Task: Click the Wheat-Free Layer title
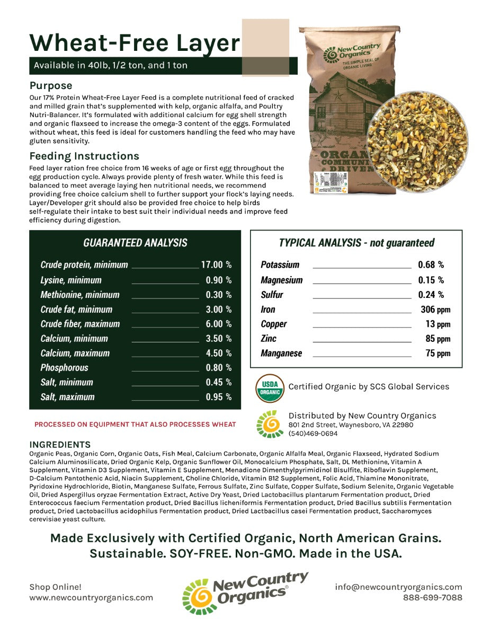tap(135, 42)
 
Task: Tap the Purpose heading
tap(51, 85)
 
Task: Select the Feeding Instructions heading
tap(84, 156)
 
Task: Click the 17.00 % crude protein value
tap(216, 264)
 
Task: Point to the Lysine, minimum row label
tap(71, 280)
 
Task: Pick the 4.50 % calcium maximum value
tap(218, 353)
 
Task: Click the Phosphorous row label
tap(65, 367)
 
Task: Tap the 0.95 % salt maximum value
tap(218, 396)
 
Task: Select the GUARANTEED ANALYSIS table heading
tap(135, 243)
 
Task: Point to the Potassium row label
tap(280, 264)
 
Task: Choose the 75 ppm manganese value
tap(438, 353)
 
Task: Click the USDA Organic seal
tap(270, 388)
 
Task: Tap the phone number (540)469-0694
tap(313, 434)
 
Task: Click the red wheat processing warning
tap(135, 425)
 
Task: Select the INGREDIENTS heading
tap(60, 445)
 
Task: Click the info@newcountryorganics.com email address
tap(398, 587)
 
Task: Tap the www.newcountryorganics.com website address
tap(91, 597)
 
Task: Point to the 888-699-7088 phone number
tap(432, 597)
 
